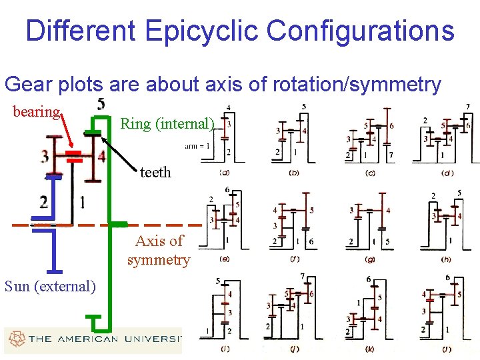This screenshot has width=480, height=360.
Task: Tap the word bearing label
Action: pos(37,111)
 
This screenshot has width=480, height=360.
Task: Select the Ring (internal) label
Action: pos(167,123)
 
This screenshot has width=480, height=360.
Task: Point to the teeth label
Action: pos(155,172)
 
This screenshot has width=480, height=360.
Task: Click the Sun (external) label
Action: pos(50,287)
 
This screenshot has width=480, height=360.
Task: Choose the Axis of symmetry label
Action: pos(159,250)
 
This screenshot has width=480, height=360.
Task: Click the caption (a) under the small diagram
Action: pos(225,173)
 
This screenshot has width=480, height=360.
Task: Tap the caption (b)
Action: pos(294,173)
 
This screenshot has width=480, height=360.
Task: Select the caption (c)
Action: pos(370,173)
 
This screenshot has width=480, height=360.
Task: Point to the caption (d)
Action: pos(447,173)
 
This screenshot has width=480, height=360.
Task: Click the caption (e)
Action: pos(225,259)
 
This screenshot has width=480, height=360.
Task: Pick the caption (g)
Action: pos(371,259)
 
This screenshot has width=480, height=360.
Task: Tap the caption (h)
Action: pos(447,259)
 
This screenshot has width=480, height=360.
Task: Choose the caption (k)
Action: pos(371,347)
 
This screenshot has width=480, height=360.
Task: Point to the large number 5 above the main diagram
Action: pos(101,104)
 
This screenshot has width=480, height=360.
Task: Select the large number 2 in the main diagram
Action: pos(43,202)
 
